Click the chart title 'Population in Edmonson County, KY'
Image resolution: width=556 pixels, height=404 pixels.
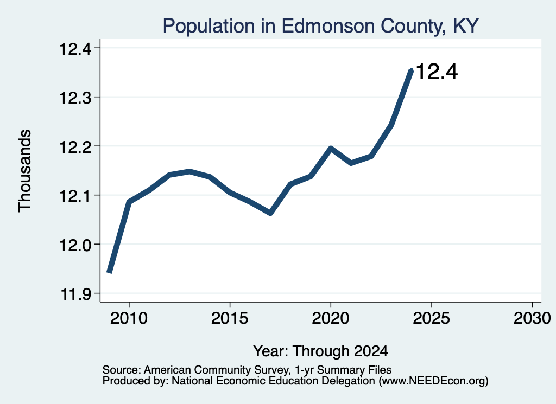(320, 26)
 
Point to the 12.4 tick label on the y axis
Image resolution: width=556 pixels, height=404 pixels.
(75, 48)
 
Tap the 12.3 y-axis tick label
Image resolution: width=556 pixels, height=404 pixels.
(75, 98)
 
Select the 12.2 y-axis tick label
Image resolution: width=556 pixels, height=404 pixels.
(75, 146)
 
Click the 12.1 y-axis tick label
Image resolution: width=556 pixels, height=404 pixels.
(75, 195)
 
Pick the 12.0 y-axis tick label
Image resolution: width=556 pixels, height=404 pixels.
(75, 245)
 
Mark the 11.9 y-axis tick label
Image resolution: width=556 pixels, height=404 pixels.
(75, 294)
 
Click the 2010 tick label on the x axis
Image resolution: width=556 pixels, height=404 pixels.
(129, 318)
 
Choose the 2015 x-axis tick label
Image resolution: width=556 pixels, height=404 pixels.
(230, 318)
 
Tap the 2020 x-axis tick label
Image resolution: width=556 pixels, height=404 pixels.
(331, 318)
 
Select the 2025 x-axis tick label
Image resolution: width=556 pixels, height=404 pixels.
(432, 318)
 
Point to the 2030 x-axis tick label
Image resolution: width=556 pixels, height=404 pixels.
(532, 318)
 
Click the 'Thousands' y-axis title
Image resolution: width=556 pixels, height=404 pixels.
(24, 171)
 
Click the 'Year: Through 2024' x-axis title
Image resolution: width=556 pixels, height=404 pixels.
(320, 351)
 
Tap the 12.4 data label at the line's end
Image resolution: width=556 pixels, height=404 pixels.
(437, 72)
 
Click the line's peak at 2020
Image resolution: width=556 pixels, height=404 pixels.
(331, 148)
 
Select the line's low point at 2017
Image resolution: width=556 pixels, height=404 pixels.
(270, 213)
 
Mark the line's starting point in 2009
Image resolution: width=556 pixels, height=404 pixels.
(109, 272)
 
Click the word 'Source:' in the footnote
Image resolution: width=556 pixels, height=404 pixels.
(122, 370)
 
